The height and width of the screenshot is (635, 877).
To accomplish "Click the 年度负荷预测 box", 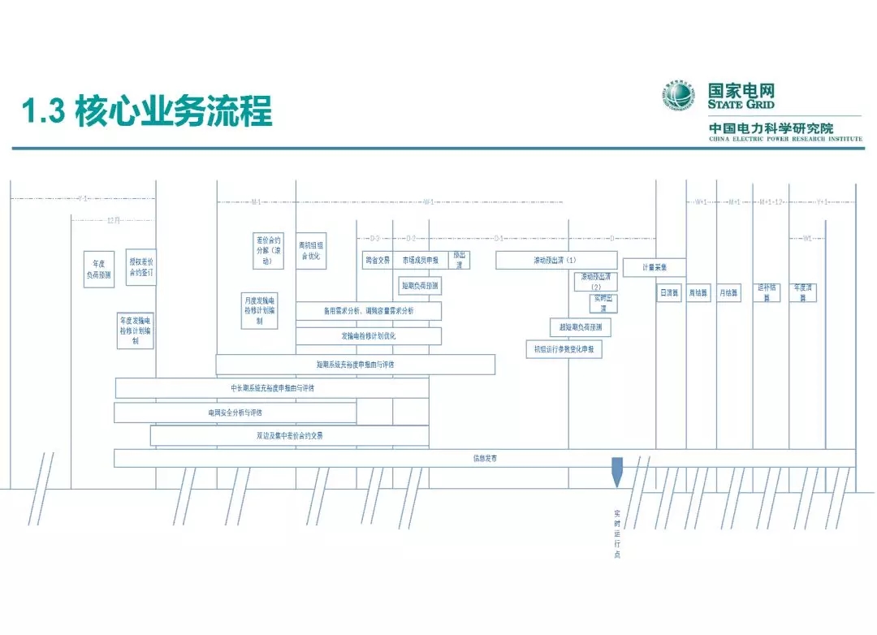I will (x=99, y=270).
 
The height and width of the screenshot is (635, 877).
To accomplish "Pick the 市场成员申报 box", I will (x=420, y=260).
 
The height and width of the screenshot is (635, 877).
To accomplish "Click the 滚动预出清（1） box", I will (x=555, y=260).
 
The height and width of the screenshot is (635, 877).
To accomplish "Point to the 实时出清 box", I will (x=603, y=304).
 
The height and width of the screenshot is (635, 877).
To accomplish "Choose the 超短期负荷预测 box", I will (x=580, y=327).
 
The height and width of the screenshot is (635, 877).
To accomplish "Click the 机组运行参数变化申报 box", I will (x=564, y=349).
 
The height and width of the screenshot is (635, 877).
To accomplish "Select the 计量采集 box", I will (x=654, y=267).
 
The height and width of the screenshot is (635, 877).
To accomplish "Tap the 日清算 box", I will (x=669, y=292).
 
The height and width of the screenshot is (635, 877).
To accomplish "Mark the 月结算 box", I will (x=728, y=292).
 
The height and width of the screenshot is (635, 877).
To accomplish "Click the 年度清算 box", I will (x=803, y=292).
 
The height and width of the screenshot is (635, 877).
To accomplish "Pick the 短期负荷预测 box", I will (x=419, y=286).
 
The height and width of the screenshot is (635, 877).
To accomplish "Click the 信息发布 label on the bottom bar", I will (x=485, y=459).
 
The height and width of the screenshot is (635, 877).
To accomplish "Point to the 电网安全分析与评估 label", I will (x=235, y=413).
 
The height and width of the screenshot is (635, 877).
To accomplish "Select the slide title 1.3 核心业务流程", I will (x=147, y=111).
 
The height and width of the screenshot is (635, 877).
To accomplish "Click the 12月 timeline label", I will (x=114, y=220).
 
